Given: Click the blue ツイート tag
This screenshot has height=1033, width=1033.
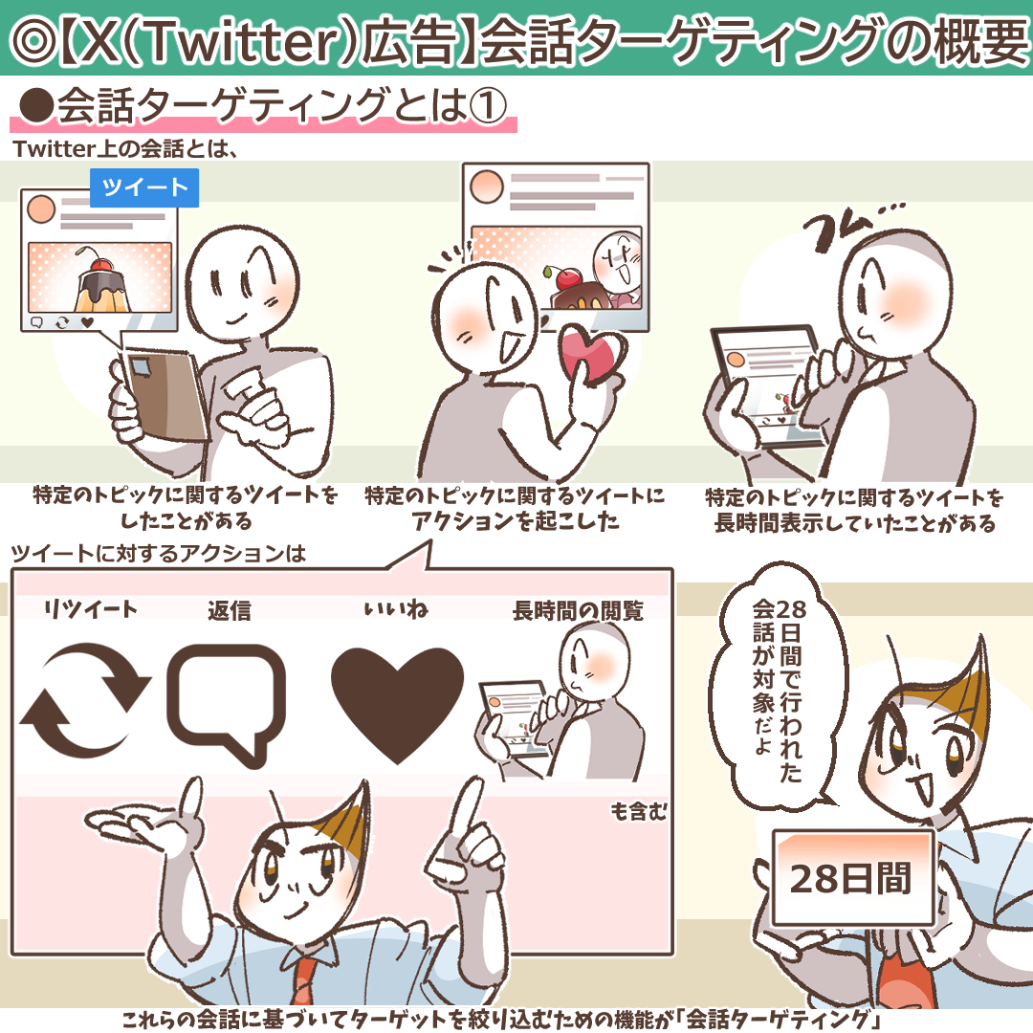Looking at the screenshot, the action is click(x=144, y=187).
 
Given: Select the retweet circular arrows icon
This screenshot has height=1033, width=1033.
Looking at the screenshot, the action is click(x=85, y=700).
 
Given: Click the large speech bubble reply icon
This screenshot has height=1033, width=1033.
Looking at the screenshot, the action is click(x=226, y=704).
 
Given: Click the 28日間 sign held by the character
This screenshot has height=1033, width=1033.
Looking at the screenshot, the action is click(x=852, y=877).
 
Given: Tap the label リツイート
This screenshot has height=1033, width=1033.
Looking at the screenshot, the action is click(x=90, y=609).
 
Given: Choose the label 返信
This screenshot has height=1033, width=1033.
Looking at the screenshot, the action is click(x=230, y=610).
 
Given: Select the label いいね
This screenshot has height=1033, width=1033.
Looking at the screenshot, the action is click(x=396, y=609).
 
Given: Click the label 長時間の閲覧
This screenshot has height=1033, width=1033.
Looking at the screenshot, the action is click(x=578, y=610).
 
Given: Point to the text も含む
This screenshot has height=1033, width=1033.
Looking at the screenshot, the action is click(x=638, y=811).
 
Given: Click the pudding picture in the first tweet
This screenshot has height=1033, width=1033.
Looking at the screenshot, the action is click(x=100, y=277).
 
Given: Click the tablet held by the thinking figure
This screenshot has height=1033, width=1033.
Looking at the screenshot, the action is click(x=764, y=385).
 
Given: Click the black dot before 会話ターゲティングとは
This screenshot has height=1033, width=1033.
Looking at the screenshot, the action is click(x=36, y=106).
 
